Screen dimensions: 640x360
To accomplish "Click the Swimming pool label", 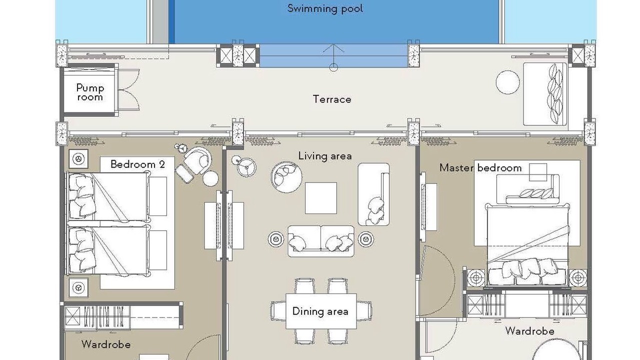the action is (x=325, y=8).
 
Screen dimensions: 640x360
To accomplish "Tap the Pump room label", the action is (x=90, y=92).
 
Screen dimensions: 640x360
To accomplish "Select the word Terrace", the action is (x=332, y=99).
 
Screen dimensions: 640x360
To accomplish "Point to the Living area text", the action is (x=325, y=156).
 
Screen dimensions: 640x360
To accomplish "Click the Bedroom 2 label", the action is (x=137, y=164).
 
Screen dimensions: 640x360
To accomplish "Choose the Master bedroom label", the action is (x=480, y=167).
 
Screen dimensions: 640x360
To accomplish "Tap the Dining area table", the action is (x=321, y=311).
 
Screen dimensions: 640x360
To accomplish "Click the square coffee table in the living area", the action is (x=321, y=198).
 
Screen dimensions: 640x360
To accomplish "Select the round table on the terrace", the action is (x=507, y=82).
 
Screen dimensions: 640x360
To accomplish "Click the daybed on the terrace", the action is (x=545, y=94).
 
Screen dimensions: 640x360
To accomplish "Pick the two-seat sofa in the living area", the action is (x=321, y=241).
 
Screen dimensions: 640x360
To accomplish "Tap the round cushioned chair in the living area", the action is (x=286, y=177).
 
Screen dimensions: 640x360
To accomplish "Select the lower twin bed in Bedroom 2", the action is (x=108, y=250).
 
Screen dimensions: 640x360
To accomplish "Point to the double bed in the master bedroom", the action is (x=527, y=245).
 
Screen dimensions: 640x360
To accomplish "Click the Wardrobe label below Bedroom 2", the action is (x=106, y=344).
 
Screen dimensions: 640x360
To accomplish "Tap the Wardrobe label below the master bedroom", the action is (x=529, y=331).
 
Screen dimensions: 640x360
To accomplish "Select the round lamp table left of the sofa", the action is (x=275, y=239).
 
